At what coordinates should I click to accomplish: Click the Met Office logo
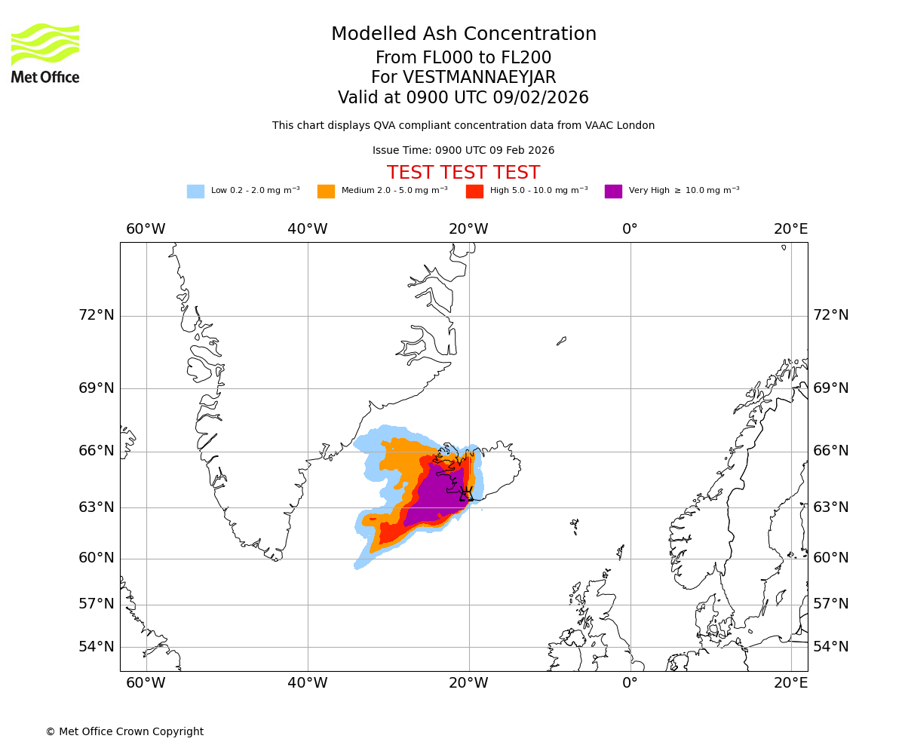pyautogui.click(x=45, y=53)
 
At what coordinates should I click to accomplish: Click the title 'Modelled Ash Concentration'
pyautogui.click(x=463, y=35)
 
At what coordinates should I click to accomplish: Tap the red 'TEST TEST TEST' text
pyautogui.click(x=463, y=173)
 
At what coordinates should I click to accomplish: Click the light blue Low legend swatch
pyautogui.click(x=195, y=192)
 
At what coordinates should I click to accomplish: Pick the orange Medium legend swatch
pyautogui.click(x=326, y=192)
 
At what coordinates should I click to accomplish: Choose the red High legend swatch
pyautogui.click(x=474, y=192)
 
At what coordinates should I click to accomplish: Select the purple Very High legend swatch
pyautogui.click(x=613, y=192)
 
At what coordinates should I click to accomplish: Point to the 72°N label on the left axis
pyautogui.click(x=97, y=315)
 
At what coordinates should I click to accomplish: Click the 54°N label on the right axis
pyautogui.click(x=830, y=647)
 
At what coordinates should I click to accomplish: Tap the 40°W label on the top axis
pyautogui.click(x=307, y=229)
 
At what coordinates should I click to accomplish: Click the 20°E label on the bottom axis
pyautogui.click(x=790, y=683)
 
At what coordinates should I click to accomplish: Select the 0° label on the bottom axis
pyautogui.click(x=630, y=683)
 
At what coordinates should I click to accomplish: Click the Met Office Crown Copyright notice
pyautogui.click(x=124, y=731)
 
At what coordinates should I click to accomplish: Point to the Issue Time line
pyautogui.click(x=463, y=151)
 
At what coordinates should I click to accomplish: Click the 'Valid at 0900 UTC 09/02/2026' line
pyautogui.click(x=463, y=98)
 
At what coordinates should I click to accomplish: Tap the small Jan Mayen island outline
pyautogui.click(x=561, y=341)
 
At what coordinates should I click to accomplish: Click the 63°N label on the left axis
pyautogui.click(x=97, y=507)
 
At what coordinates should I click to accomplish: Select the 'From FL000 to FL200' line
pyautogui.click(x=463, y=58)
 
